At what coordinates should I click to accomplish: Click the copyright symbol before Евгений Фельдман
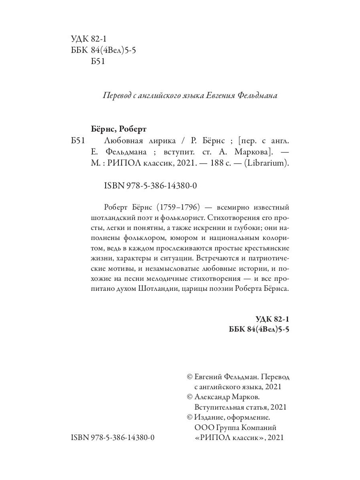click(190, 376)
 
